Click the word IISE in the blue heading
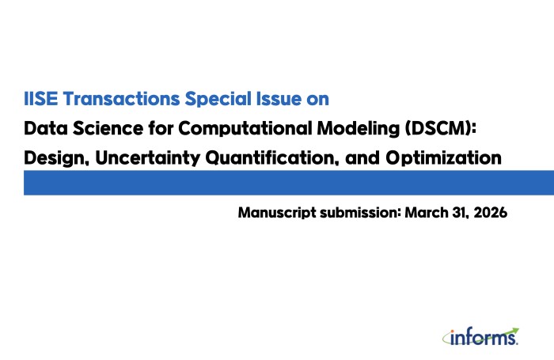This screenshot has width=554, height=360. tap(40, 99)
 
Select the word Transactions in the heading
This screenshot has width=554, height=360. tap(122, 99)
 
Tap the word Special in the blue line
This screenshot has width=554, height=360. tap(218, 99)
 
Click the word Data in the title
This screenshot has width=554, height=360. tap(46, 128)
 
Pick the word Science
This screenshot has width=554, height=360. tap(108, 128)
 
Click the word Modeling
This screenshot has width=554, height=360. tap(359, 129)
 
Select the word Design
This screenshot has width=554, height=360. tap(56, 158)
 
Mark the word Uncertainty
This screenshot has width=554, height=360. tap(148, 158)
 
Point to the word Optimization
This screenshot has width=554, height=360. tap(443, 158)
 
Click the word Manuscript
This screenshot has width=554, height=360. tap(277, 213)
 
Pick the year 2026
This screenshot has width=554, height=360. tap(491, 212)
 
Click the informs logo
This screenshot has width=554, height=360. tap(481, 337)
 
